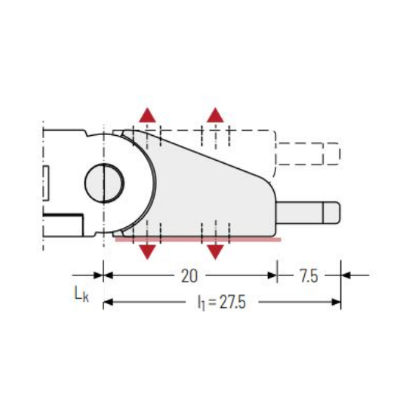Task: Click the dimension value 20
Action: coord(189,276)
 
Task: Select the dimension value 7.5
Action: coord(309,276)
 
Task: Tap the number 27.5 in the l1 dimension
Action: coord(232,302)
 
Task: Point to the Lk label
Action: coord(81,294)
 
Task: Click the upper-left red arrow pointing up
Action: coord(147,115)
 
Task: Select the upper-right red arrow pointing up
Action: coord(216,115)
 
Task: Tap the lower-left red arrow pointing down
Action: coord(147,252)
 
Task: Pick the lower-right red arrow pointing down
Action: coord(216,252)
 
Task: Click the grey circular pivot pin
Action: coord(104,183)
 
